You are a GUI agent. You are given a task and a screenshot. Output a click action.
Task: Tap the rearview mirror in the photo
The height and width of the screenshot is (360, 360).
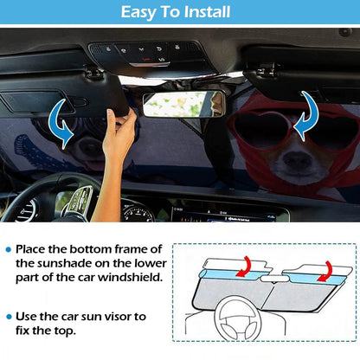pos(183,103)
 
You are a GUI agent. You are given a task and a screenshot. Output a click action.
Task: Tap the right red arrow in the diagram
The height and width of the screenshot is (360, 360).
pos(320,273)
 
